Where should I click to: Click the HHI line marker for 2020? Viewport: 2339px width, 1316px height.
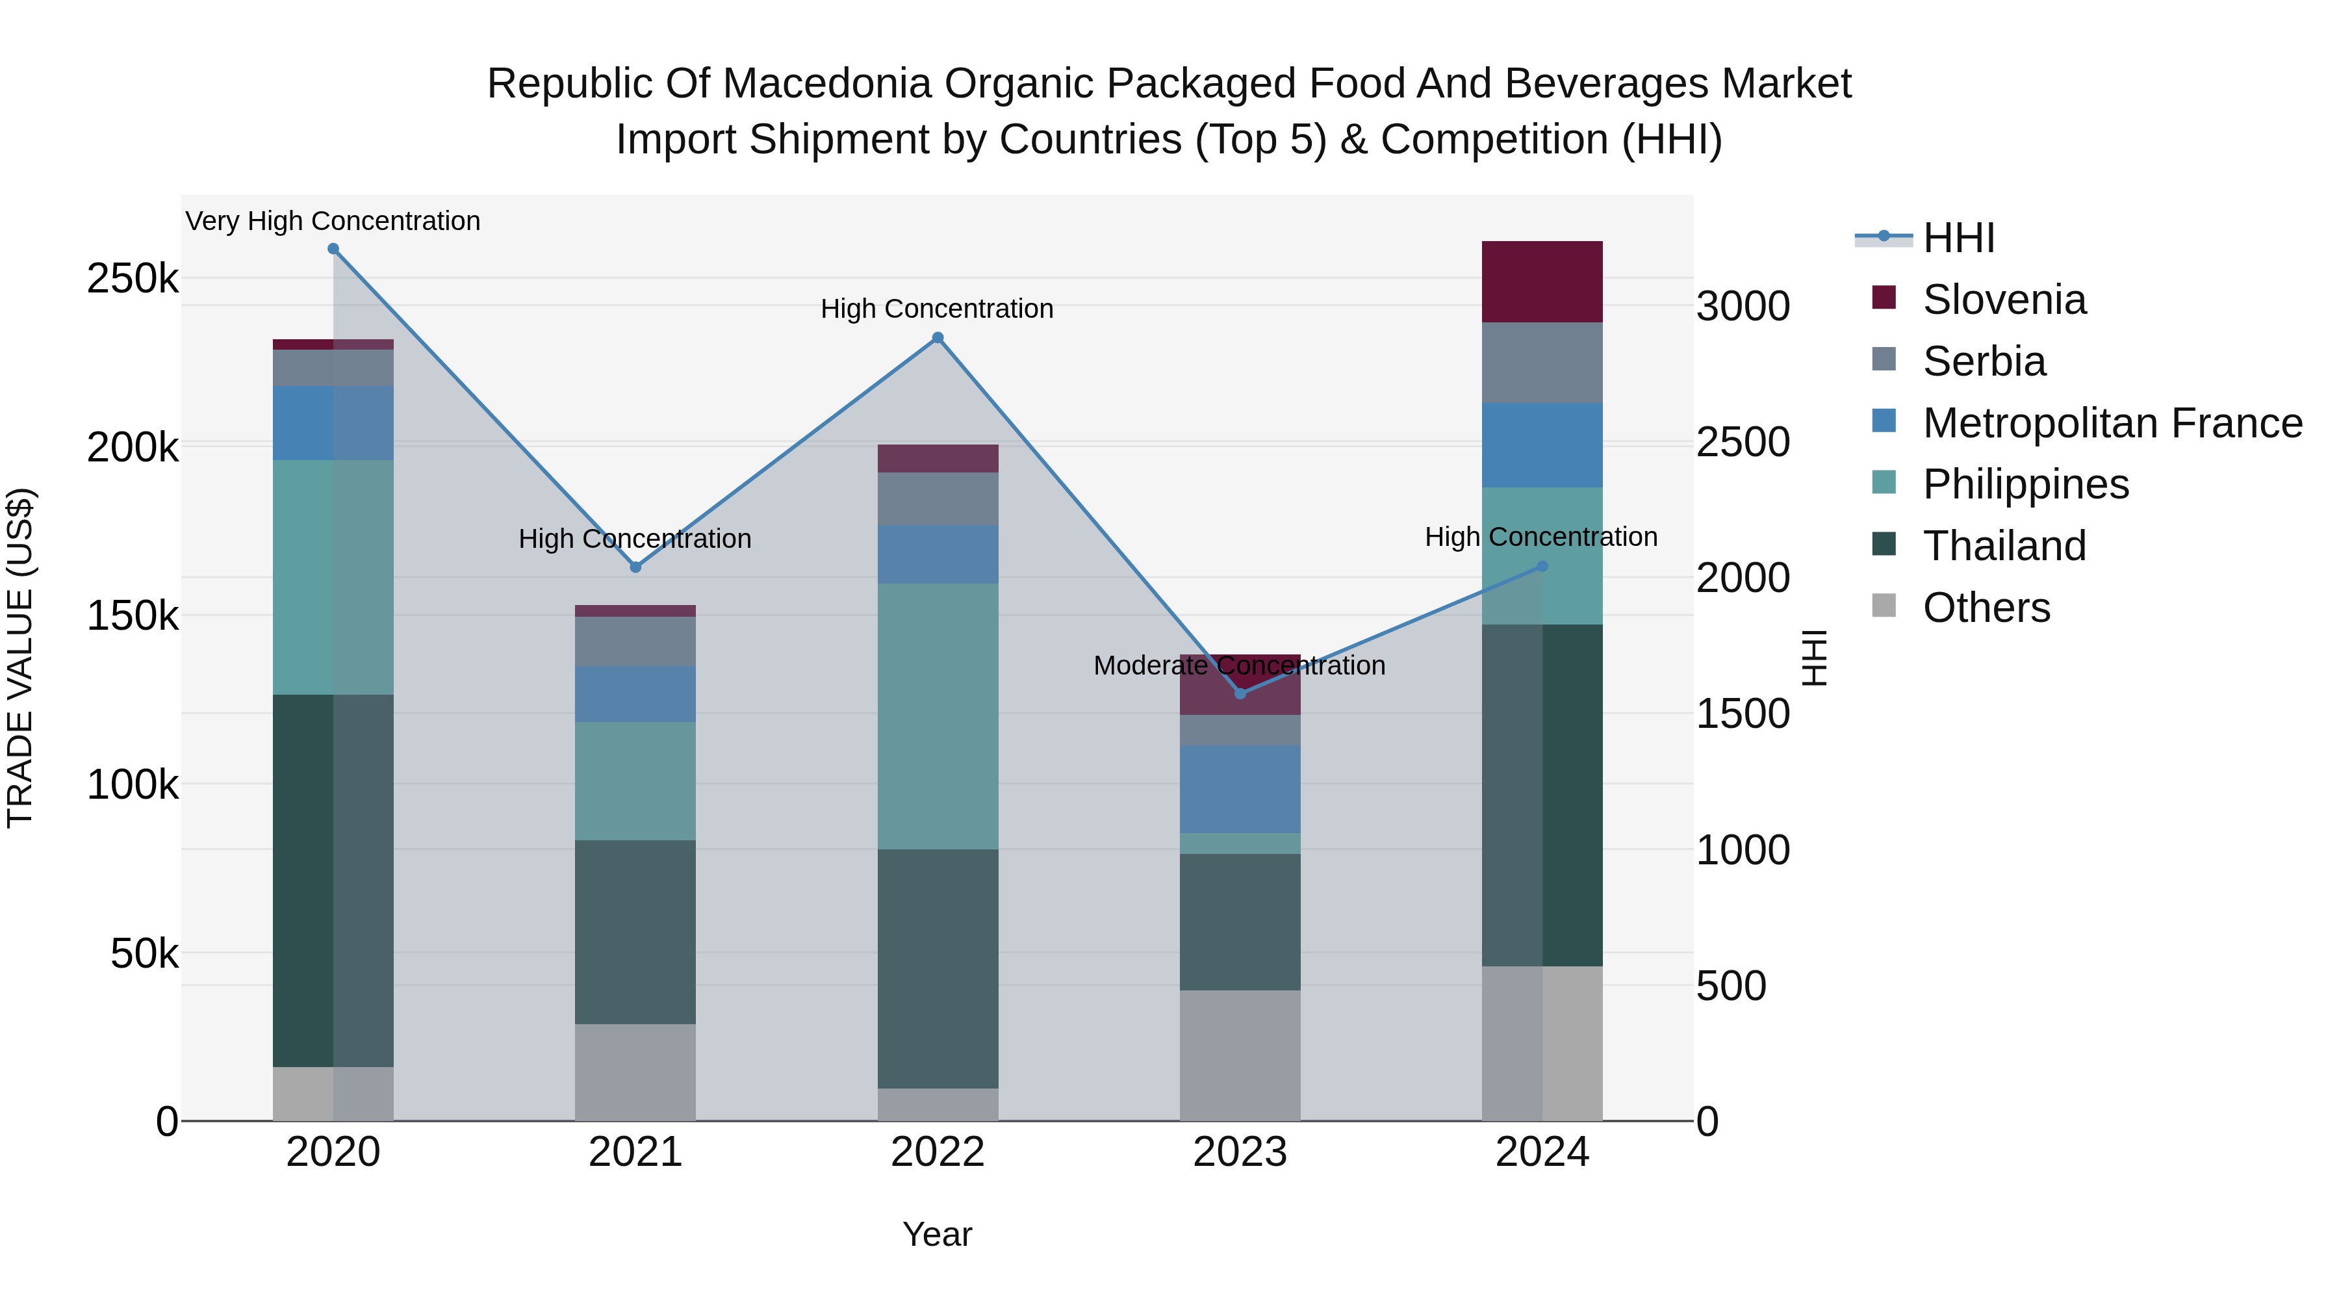coord(333,249)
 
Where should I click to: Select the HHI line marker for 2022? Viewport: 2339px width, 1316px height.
coord(938,338)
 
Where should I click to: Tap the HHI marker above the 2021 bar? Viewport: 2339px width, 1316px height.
coord(635,567)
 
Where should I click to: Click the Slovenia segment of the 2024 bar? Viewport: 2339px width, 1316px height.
coord(1542,281)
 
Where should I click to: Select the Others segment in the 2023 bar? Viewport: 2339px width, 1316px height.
coord(1240,1055)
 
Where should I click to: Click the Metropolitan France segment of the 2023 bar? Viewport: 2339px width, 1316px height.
coord(1240,788)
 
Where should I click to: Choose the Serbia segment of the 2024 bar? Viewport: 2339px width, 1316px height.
coord(1542,363)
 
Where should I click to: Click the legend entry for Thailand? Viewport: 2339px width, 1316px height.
coord(2004,546)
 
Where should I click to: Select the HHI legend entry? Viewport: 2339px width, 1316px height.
coord(1958,238)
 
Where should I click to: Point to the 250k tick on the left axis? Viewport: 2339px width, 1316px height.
coord(133,279)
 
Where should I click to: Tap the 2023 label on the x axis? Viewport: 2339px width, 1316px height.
coord(1240,1152)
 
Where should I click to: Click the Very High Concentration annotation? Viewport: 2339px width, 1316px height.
coord(333,221)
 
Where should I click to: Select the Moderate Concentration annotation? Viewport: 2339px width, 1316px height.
coord(1240,665)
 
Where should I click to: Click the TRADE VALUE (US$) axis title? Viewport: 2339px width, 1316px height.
coord(20,658)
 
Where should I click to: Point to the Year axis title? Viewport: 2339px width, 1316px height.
coord(937,1234)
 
